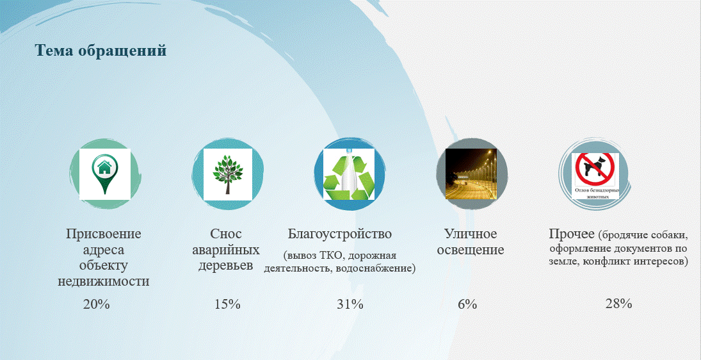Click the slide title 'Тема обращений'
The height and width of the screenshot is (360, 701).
tap(101, 51)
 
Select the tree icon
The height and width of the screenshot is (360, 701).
tap(227, 174)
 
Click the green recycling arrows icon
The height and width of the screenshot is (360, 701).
tap(349, 174)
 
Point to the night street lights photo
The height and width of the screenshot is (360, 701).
tap(471, 174)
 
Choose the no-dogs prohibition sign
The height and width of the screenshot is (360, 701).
tap(595, 169)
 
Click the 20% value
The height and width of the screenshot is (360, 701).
tap(96, 304)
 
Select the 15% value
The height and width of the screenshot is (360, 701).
tap(227, 304)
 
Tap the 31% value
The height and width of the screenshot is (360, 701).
tap(350, 304)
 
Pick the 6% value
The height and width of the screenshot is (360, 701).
tap(467, 304)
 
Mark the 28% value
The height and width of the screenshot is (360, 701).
tap(619, 304)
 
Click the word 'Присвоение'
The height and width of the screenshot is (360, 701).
tap(104, 234)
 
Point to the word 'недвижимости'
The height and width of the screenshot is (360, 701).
tap(103, 282)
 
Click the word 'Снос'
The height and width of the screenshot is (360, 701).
tap(226, 233)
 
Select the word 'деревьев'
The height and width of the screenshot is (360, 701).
tap(226, 265)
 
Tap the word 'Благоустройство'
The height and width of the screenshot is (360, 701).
tap(340, 234)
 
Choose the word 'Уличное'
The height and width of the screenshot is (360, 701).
tap(471, 234)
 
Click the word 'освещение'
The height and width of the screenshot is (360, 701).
tap(471, 250)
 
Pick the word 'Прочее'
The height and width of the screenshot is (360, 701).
tap(572, 233)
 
